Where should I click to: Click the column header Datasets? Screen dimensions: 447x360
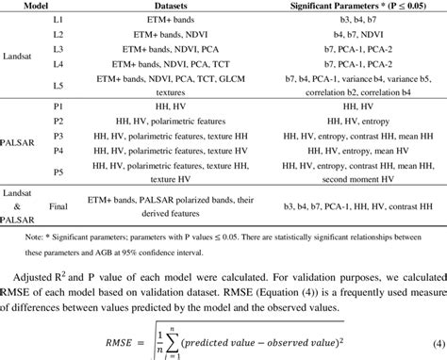coord(194,6)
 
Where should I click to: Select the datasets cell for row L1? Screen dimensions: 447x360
coord(195,19)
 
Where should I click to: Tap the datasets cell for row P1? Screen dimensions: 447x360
coord(195,106)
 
